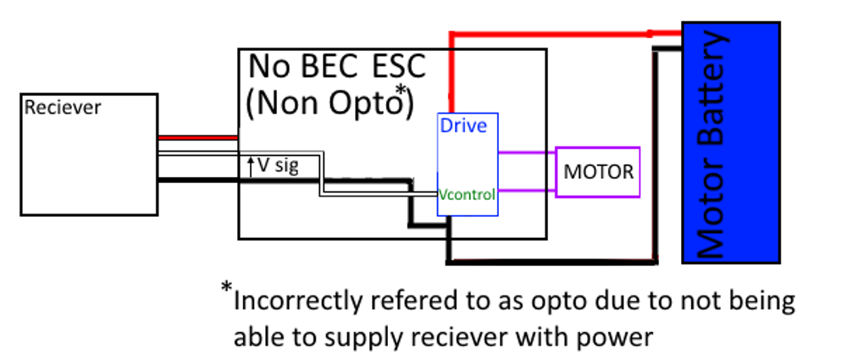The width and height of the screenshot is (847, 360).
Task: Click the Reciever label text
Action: [63, 108]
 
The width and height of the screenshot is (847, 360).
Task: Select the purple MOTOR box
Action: [598, 172]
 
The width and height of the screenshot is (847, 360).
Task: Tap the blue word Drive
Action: [462, 125]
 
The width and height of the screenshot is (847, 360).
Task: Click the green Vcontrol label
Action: [466, 194]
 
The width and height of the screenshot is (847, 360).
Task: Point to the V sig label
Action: [279, 165]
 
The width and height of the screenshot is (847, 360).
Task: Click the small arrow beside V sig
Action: [251, 165]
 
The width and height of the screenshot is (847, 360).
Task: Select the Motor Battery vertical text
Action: [712, 144]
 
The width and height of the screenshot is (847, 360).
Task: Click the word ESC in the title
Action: [398, 67]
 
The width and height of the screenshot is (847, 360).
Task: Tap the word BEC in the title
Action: [333, 67]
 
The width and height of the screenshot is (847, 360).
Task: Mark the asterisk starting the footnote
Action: [226, 290]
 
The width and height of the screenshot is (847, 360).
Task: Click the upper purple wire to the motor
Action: [526, 153]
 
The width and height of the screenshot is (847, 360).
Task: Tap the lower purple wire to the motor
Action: [526, 191]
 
